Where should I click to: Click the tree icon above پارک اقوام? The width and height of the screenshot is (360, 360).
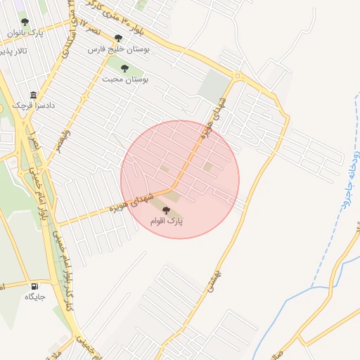point(166,210)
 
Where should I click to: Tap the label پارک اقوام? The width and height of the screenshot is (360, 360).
point(166,221)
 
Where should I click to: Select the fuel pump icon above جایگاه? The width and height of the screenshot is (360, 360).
point(34,286)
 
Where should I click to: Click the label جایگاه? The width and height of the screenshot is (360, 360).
point(34,297)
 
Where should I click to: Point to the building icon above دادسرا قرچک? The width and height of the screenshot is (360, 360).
point(33,96)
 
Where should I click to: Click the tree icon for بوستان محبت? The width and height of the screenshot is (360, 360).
point(124,68)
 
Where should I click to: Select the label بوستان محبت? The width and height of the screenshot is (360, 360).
point(124,79)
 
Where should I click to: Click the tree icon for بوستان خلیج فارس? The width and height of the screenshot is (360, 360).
point(118,39)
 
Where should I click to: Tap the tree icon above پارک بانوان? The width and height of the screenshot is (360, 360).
point(25,22)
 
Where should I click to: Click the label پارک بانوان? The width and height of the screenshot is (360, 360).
point(25,33)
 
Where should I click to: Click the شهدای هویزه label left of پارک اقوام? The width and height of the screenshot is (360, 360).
point(129,202)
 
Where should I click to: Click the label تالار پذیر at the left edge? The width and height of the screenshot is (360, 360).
point(14,52)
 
